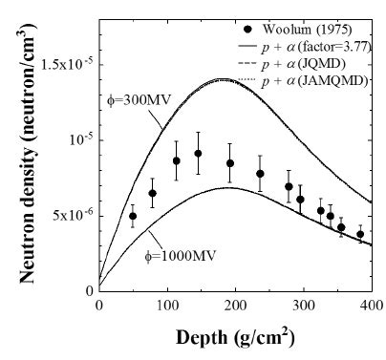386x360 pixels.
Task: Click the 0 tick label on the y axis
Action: point(89,289)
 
